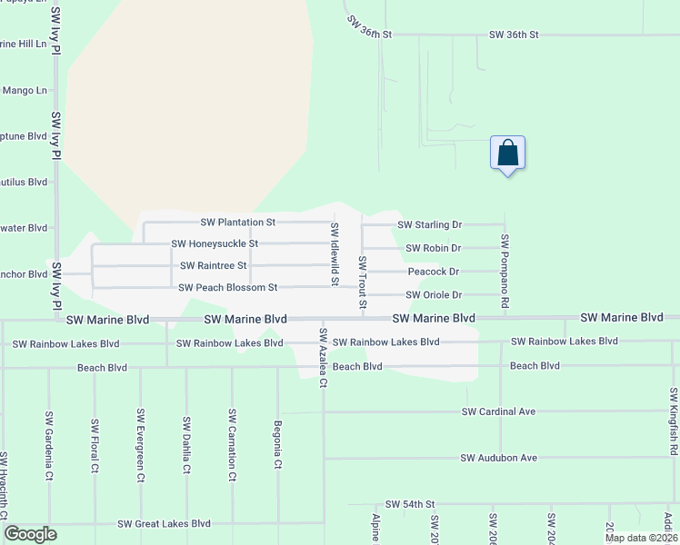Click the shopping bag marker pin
pos(507,154)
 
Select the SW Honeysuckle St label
pos(215,243)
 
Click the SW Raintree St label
pos(214,265)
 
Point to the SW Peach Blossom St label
pos(227,287)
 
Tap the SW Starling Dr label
pos(430,224)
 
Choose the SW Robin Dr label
pos(434,248)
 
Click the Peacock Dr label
pos(434,271)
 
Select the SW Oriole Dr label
pos(434,294)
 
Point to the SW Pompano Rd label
pos(505,257)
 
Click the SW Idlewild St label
pos(335,254)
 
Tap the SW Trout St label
pos(362,282)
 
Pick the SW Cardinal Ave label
pos(499,411)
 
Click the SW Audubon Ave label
pos(499,458)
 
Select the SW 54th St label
pos(411,503)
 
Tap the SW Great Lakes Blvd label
pos(164,523)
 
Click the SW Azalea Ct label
pos(322,359)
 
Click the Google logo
pos(30,534)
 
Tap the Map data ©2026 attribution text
pos(640,538)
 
